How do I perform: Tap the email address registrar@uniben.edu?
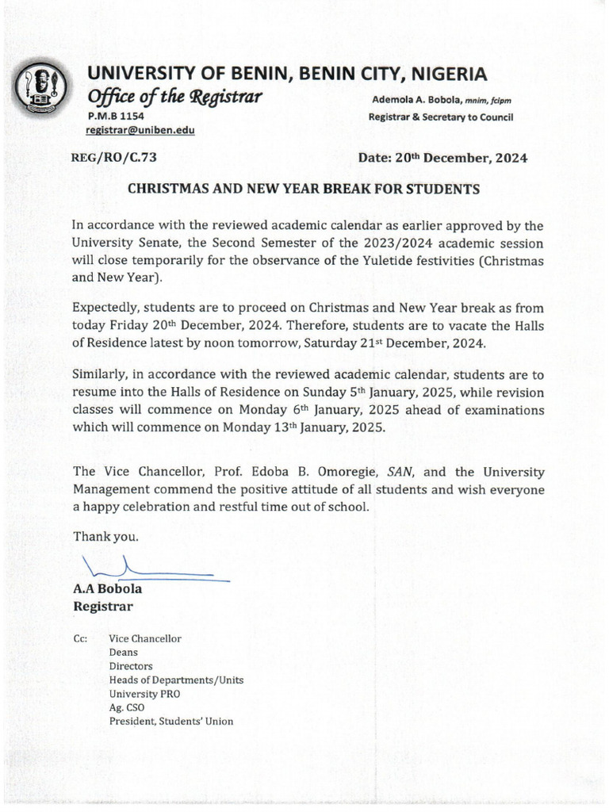[x=140, y=131]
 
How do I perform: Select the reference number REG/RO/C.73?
[x=114, y=157]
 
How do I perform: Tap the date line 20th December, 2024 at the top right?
[x=442, y=157]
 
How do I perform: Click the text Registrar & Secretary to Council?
[x=441, y=117]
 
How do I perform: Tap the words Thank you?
[x=105, y=536]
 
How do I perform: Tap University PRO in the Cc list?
[x=144, y=693]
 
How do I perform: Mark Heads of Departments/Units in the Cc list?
[x=176, y=680]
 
